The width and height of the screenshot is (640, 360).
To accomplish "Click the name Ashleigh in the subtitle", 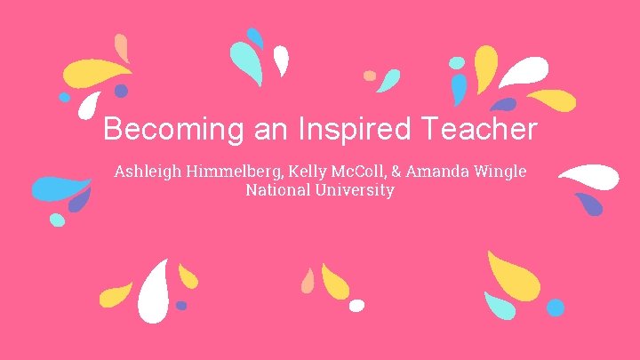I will coord(148,171).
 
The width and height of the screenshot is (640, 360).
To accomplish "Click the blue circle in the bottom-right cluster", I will coord(556,308).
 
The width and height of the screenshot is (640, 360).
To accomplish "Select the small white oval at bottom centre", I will coord(356,306).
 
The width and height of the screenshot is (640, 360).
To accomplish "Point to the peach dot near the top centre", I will coord(370,76).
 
